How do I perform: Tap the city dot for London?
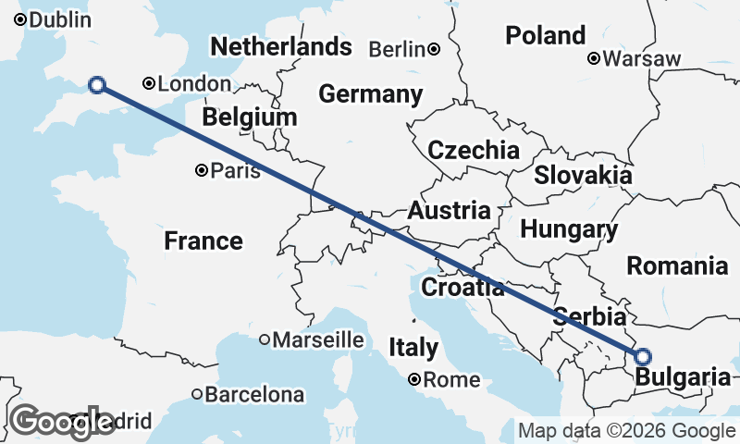pos(149,83)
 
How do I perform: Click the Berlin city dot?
pos(434,49)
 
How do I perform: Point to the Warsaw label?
pos(641,59)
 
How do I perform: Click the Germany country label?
pos(370,94)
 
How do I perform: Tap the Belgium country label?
pos(250,117)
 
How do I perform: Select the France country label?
pos(203,241)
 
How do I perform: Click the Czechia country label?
pos(474,151)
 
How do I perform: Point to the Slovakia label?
pos(583,175)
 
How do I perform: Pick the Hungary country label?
pos(569,229)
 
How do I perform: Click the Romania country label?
pos(677,266)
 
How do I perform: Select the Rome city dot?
pos(415,379)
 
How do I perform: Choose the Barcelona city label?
pos(253,395)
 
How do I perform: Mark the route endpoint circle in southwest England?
pos(96,85)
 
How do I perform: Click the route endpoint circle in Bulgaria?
pos(642,356)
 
